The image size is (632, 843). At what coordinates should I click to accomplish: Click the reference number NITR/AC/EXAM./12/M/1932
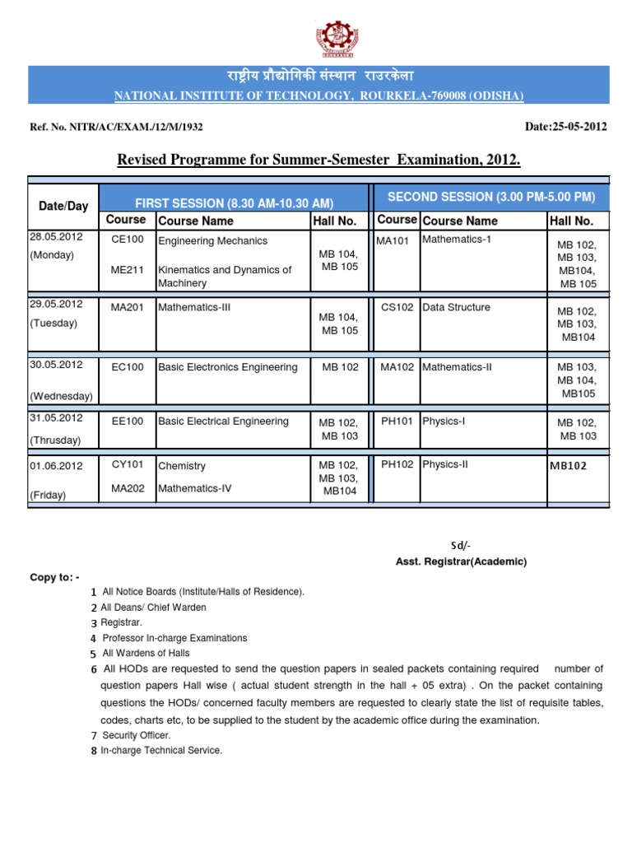[117, 128]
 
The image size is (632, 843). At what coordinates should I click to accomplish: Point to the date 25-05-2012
[566, 128]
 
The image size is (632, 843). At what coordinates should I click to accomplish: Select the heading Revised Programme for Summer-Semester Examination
[319, 159]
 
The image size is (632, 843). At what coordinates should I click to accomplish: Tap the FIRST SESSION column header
[235, 203]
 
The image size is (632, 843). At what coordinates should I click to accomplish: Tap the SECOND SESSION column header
[490, 198]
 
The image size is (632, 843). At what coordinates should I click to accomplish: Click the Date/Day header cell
[63, 206]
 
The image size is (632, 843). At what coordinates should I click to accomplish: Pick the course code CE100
[127, 240]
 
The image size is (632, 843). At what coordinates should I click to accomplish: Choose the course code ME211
[127, 268]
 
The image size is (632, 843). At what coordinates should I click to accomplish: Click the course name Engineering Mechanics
[212, 241]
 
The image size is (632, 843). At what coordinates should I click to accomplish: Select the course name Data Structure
[456, 307]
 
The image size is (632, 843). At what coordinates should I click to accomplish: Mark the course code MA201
[127, 308]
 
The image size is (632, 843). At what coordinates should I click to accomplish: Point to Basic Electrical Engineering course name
[223, 421]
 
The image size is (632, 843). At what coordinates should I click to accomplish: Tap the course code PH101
[397, 421]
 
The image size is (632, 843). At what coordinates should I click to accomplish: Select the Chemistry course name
[181, 466]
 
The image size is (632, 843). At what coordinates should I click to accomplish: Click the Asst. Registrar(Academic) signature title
[461, 561]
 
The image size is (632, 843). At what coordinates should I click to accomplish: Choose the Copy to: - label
[54, 577]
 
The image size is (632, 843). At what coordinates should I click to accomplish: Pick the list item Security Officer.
[136, 734]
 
